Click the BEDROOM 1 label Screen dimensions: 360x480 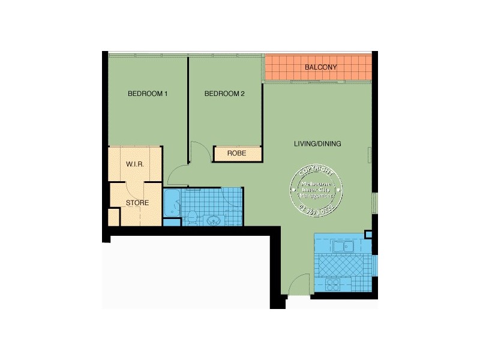pos(147,94)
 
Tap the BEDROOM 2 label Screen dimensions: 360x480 pos(224,94)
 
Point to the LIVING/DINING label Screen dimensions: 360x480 pos(317,144)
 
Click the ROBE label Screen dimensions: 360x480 pos(236,154)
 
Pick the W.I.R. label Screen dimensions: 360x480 pos(134,164)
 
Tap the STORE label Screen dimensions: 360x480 pos(137,203)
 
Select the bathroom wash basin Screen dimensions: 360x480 pos(213,220)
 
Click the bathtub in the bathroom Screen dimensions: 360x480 pos(172,204)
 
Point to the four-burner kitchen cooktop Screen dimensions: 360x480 pos(332,284)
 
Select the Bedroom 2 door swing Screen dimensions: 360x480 pos(197,151)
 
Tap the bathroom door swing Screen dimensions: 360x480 pos(231,198)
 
